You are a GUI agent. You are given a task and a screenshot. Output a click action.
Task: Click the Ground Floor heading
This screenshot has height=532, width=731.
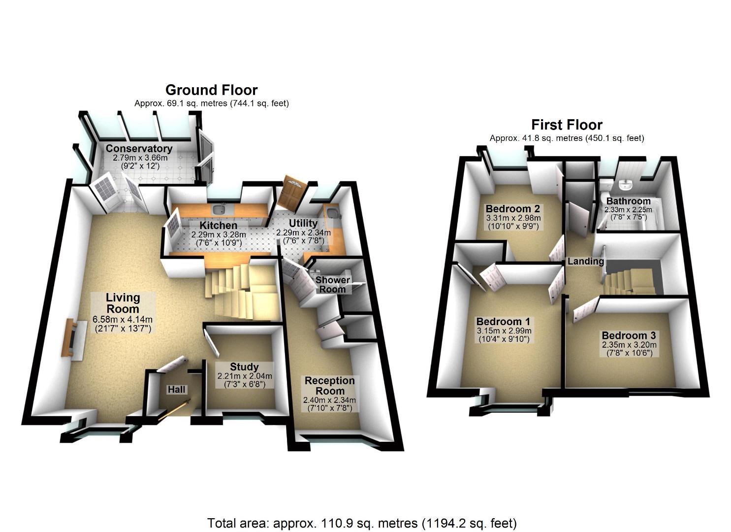click(x=211, y=90)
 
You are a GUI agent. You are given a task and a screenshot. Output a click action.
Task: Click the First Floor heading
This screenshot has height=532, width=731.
click(x=567, y=125)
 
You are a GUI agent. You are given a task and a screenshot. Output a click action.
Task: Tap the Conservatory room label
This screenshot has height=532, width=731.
click(x=139, y=148)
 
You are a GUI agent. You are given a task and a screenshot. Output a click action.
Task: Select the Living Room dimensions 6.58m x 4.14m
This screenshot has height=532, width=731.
click(x=123, y=319)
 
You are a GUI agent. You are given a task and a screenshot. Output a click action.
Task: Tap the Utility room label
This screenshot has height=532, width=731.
click(x=303, y=223)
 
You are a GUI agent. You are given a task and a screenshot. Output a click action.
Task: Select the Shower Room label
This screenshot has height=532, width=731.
click(x=332, y=284)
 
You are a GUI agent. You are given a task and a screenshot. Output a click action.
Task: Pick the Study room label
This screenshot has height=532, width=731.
click(x=244, y=366)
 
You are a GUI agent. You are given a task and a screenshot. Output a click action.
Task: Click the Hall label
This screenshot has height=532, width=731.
click(x=177, y=390)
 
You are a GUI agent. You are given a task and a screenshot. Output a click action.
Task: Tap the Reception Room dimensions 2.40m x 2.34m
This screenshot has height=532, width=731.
click(x=329, y=400)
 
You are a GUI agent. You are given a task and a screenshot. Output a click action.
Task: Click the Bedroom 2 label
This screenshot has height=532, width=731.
click(x=512, y=208)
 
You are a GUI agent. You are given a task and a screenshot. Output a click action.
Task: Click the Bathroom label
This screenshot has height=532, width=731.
click(x=628, y=201)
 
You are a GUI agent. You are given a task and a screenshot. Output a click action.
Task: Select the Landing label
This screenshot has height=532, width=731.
click(x=585, y=261)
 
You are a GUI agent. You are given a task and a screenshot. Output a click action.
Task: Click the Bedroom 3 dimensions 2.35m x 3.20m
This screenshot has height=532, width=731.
click(x=629, y=345)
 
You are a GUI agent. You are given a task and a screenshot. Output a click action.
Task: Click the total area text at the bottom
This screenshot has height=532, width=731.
click(x=362, y=523)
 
